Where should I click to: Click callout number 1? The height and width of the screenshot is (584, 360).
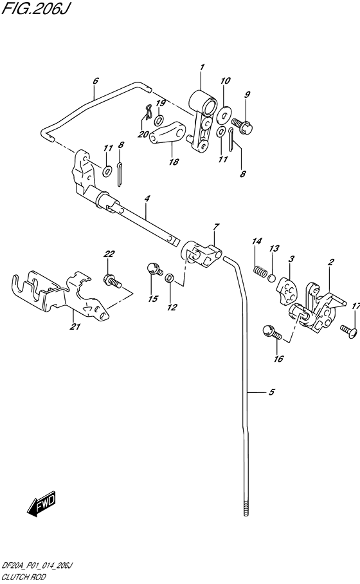201,67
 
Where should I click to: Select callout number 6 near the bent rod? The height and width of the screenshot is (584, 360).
95,81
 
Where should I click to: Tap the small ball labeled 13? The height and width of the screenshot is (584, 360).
272,279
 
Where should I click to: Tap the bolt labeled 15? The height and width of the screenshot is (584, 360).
153,268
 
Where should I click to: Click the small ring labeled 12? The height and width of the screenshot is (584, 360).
168,278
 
